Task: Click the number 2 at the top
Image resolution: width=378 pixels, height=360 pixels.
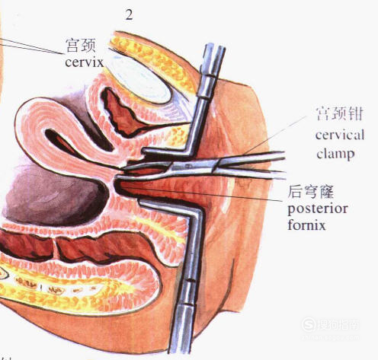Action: [x=129, y=15]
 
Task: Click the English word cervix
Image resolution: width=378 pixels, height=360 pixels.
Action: [x=84, y=62]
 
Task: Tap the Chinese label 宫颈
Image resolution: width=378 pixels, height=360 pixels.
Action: [x=81, y=46]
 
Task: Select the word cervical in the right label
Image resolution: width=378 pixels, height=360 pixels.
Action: [x=340, y=135]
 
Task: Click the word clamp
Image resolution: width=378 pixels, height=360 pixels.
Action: [x=335, y=154]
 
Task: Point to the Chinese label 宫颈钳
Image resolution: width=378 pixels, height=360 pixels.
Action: [x=339, y=113]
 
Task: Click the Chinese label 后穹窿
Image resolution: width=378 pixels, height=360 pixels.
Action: [x=310, y=192]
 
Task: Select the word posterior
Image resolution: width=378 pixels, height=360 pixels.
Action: [x=318, y=209]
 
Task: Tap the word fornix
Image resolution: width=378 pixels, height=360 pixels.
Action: [x=306, y=225]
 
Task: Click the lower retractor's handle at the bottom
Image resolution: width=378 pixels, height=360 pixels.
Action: [x=182, y=330]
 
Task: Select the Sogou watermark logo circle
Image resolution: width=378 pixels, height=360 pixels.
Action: [x=309, y=324]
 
